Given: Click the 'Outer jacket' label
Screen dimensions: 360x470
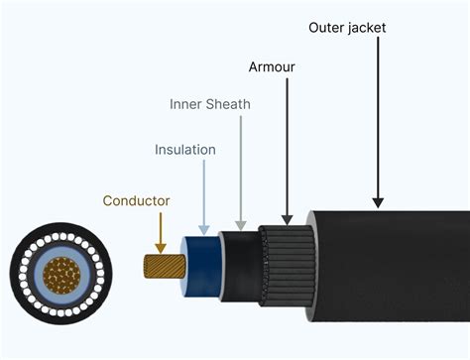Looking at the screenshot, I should tap(347, 28).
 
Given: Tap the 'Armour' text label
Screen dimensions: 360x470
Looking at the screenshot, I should tap(271, 67).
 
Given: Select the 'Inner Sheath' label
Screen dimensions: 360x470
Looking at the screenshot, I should tap(210, 104).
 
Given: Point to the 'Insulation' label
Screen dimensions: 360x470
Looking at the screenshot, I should tap(185, 150).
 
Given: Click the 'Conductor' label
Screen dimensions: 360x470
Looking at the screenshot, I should tap(136, 200).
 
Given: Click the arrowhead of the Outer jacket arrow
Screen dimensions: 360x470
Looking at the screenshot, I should tap(378, 202).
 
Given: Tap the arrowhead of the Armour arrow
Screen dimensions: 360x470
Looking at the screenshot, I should tap(287, 218).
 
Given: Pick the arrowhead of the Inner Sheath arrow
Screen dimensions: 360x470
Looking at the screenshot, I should tap(240, 225).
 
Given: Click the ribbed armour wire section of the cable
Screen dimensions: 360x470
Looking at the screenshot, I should tap(283, 267).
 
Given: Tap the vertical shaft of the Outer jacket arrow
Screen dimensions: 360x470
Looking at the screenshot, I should tap(378, 119).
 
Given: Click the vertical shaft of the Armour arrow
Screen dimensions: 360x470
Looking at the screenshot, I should tap(287, 149).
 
